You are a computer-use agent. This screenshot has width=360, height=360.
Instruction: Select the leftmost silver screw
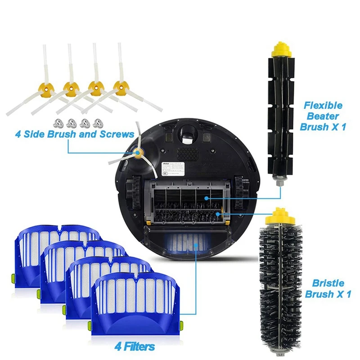click(58, 121)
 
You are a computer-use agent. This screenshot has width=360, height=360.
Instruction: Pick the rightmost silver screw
click(98, 121)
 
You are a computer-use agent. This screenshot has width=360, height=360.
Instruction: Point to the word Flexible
click(323, 106)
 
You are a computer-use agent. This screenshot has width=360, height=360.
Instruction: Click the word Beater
click(324, 117)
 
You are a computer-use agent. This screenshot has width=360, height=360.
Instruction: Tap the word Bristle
click(328, 283)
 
